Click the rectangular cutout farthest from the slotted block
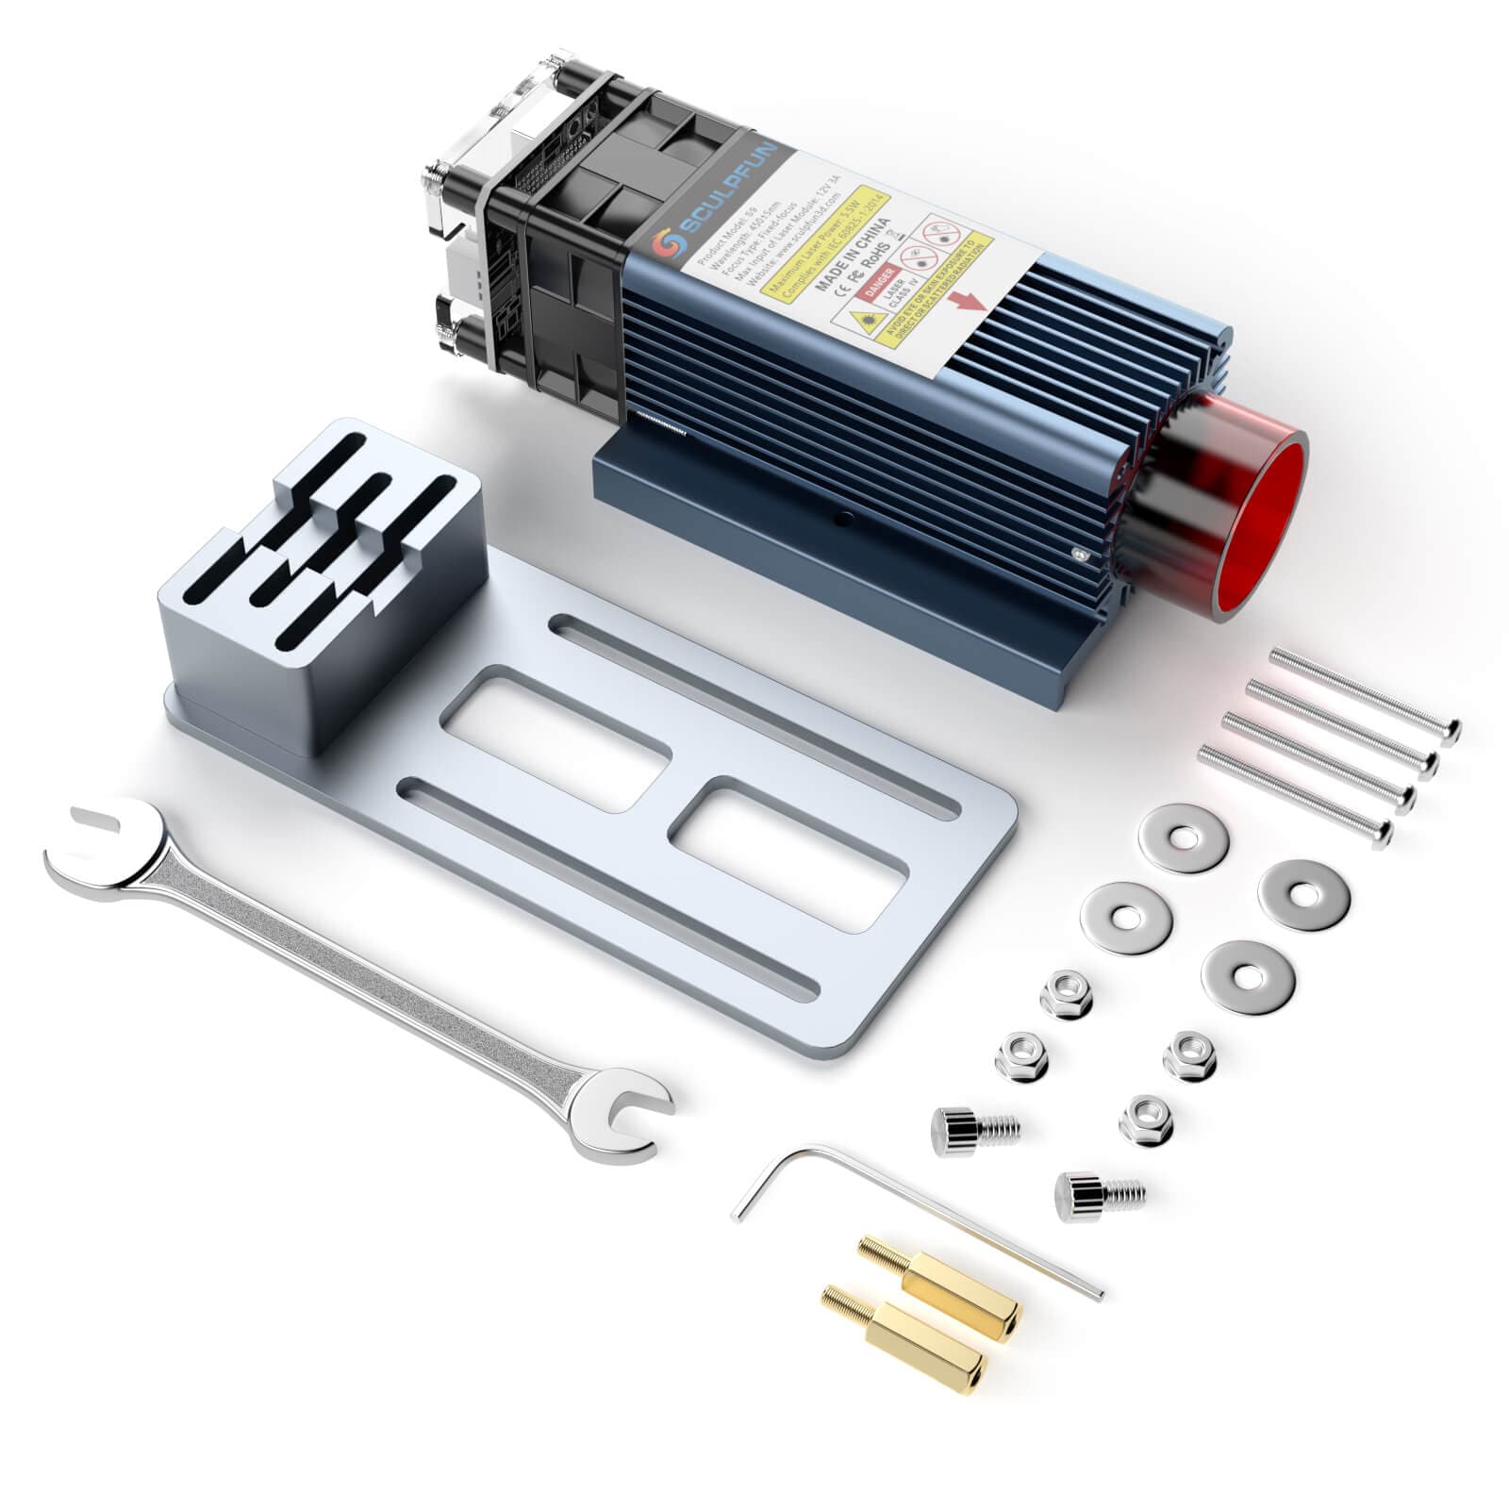[x=788, y=854]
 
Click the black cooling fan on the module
[x=556, y=283]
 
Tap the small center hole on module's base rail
[x=842, y=517]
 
